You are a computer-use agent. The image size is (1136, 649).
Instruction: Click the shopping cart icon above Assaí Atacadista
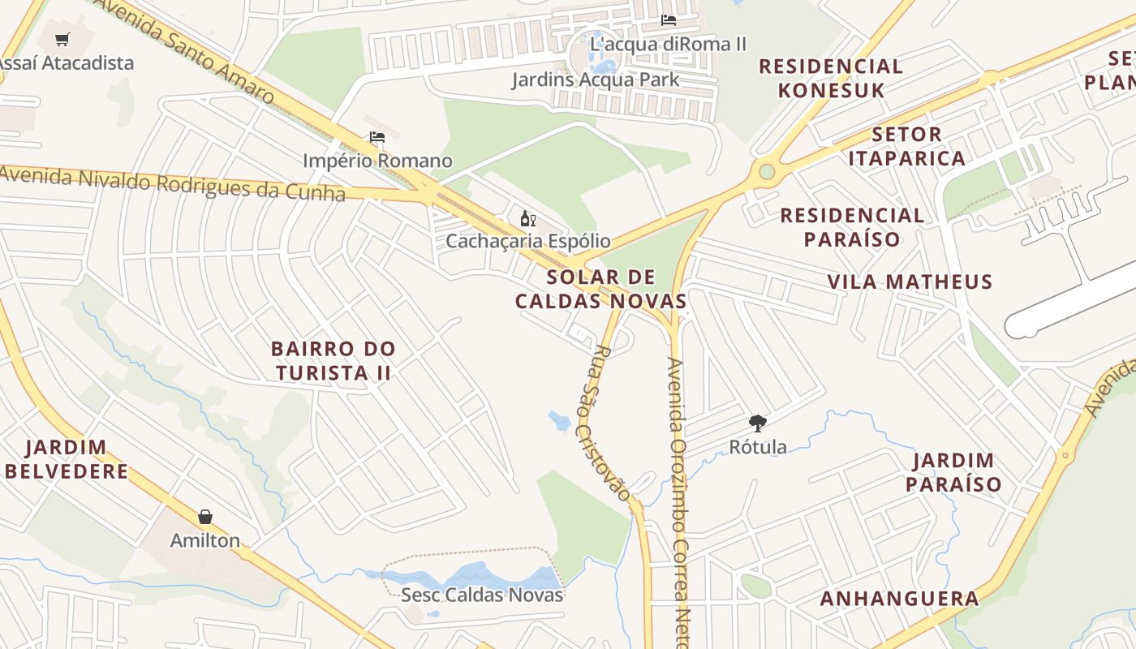(62, 39)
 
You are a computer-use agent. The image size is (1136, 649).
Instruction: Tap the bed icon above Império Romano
(377, 137)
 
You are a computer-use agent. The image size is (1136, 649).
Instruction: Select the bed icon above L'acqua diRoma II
(668, 19)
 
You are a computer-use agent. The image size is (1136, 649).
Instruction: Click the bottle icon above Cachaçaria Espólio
(527, 218)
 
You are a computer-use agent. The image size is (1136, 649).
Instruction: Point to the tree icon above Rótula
(757, 423)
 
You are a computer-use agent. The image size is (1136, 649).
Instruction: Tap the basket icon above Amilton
(205, 517)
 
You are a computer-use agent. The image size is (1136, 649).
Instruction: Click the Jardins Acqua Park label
(595, 80)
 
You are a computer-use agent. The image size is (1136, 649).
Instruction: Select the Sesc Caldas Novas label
(481, 595)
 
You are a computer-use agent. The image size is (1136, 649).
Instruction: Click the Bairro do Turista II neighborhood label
(333, 361)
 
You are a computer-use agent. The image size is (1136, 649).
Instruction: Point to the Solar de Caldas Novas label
(600, 289)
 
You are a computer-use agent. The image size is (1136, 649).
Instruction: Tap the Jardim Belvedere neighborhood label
(67, 459)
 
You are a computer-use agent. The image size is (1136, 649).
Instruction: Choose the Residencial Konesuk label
(831, 78)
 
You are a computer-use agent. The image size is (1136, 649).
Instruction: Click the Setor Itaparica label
(906, 146)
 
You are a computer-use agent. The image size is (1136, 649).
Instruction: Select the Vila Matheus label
(910, 282)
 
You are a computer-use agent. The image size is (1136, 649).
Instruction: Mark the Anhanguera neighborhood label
(899, 599)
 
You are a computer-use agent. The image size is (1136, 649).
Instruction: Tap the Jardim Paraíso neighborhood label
(953, 472)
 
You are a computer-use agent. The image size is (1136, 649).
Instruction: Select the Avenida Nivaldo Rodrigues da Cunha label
(172, 183)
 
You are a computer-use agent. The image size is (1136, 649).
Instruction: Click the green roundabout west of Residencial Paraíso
(766, 171)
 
